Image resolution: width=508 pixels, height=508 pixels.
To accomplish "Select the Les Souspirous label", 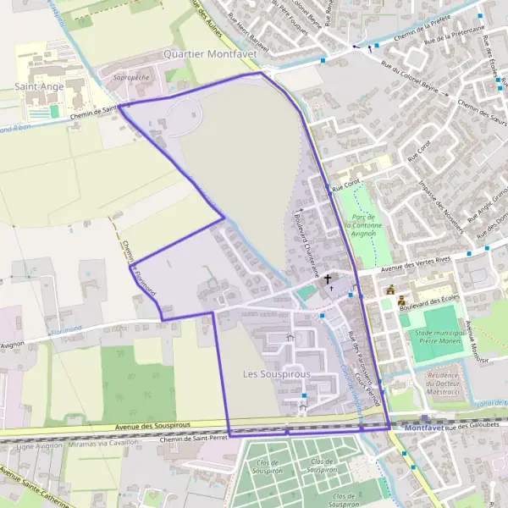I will (x=277, y=373).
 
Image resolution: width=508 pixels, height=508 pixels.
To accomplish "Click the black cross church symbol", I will (x=328, y=278).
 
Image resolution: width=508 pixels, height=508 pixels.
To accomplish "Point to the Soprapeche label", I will (x=130, y=76).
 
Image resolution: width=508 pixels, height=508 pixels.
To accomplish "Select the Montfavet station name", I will (x=425, y=428).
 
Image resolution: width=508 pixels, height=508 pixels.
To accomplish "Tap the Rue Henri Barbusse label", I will (x=241, y=38).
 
